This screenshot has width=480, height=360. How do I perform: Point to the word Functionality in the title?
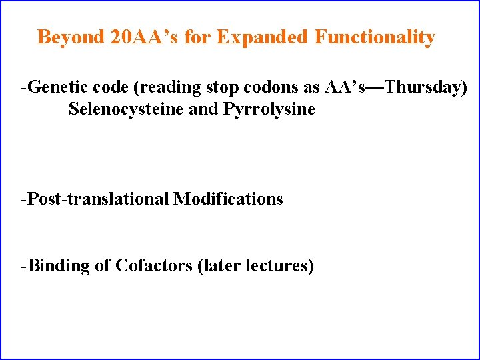point(375,37)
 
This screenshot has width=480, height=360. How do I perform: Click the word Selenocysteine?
point(127,109)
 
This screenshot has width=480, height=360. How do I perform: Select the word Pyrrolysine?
point(270,109)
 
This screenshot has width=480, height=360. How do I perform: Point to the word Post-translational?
point(99,199)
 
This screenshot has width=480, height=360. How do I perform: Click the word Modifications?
point(229,199)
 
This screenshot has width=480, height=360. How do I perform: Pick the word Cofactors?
point(154,265)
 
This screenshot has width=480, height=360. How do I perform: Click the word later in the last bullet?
point(221,265)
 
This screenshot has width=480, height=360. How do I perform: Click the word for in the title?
point(197,37)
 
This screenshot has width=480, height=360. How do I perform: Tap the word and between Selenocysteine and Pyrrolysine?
point(204,109)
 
